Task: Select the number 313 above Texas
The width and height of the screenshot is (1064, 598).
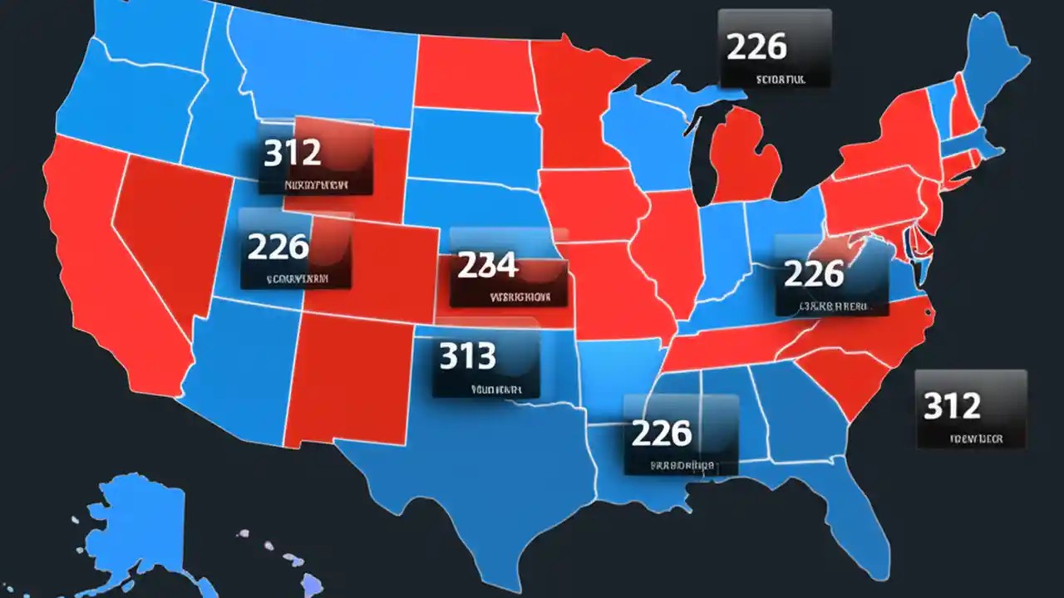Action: pyautogui.click(x=467, y=356)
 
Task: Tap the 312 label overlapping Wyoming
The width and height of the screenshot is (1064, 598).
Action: pyautogui.click(x=293, y=153)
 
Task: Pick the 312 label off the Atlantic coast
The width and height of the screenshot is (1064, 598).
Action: pyautogui.click(x=953, y=405)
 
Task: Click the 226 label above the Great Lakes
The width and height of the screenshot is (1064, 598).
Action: pyautogui.click(x=756, y=47)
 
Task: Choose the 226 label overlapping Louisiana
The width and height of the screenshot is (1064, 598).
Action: pyautogui.click(x=662, y=432)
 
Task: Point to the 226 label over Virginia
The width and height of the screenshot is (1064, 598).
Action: pyautogui.click(x=814, y=273)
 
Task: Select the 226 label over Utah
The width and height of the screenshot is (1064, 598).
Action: pyautogui.click(x=278, y=246)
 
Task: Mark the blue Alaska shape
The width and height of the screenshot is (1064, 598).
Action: pyautogui.click(x=141, y=523)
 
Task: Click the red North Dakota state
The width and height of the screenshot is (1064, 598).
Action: pyautogui.click(x=474, y=75)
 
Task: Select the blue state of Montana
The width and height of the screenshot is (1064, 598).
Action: pyautogui.click(x=324, y=66)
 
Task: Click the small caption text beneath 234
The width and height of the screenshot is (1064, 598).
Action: pyautogui.click(x=520, y=295)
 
